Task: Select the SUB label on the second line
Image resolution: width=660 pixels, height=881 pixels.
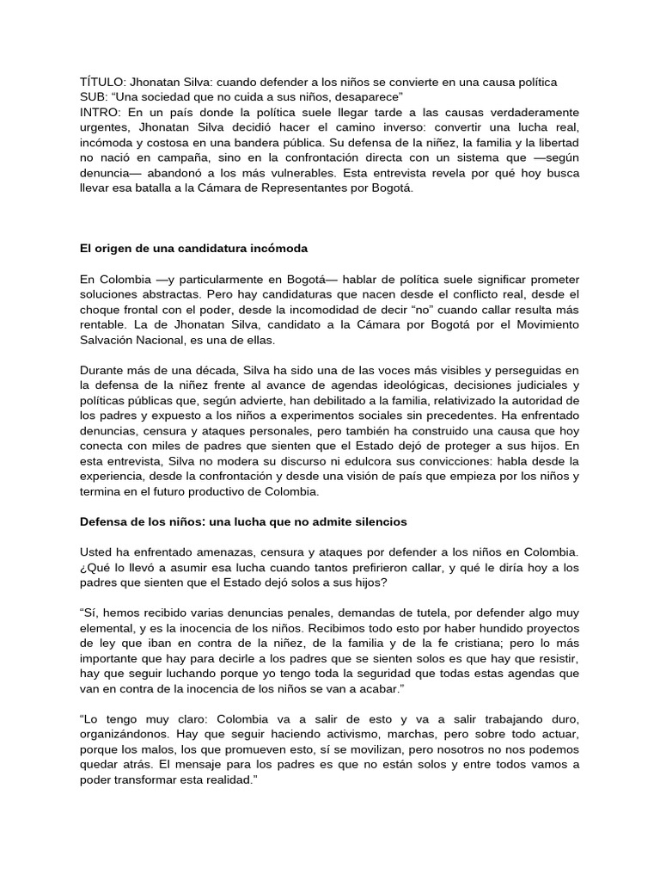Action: click(94, 97)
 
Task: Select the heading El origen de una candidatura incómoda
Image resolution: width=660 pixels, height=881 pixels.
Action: click(193, 249)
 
